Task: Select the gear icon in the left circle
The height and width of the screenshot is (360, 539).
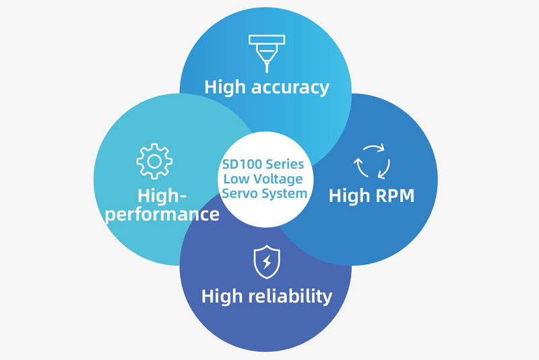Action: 154,160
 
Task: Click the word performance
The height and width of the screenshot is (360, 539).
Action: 163,214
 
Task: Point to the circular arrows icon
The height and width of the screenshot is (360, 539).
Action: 372,161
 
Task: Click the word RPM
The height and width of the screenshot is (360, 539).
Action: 391,196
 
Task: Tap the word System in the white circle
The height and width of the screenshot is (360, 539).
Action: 284,193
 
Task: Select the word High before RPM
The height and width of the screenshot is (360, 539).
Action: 347,196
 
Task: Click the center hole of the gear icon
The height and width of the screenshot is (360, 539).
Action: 154,160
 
